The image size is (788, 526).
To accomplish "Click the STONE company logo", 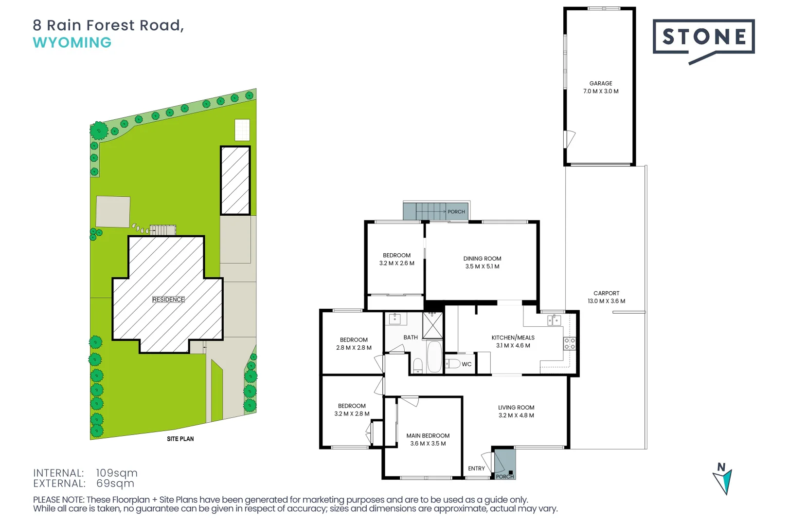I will (703, 38).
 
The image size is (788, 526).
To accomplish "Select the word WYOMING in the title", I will (72, 43).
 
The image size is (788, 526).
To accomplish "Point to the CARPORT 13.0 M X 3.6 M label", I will (606, 297).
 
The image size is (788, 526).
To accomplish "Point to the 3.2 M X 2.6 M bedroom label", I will (397, 263).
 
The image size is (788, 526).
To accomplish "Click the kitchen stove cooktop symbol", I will (570, 343).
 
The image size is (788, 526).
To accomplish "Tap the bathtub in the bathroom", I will (434, 357).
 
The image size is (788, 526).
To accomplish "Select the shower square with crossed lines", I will (432, 326).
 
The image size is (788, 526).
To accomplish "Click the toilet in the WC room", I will (453, 363).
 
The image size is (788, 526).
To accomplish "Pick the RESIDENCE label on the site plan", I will (168, 300).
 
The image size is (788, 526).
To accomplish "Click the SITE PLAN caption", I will (180, 439).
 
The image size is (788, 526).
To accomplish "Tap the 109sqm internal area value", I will (117, 473).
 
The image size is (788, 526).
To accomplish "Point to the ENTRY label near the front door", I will (476, 469).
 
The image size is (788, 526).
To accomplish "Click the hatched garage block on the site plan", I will (235, 181).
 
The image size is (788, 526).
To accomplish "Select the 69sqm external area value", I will (115, 484).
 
